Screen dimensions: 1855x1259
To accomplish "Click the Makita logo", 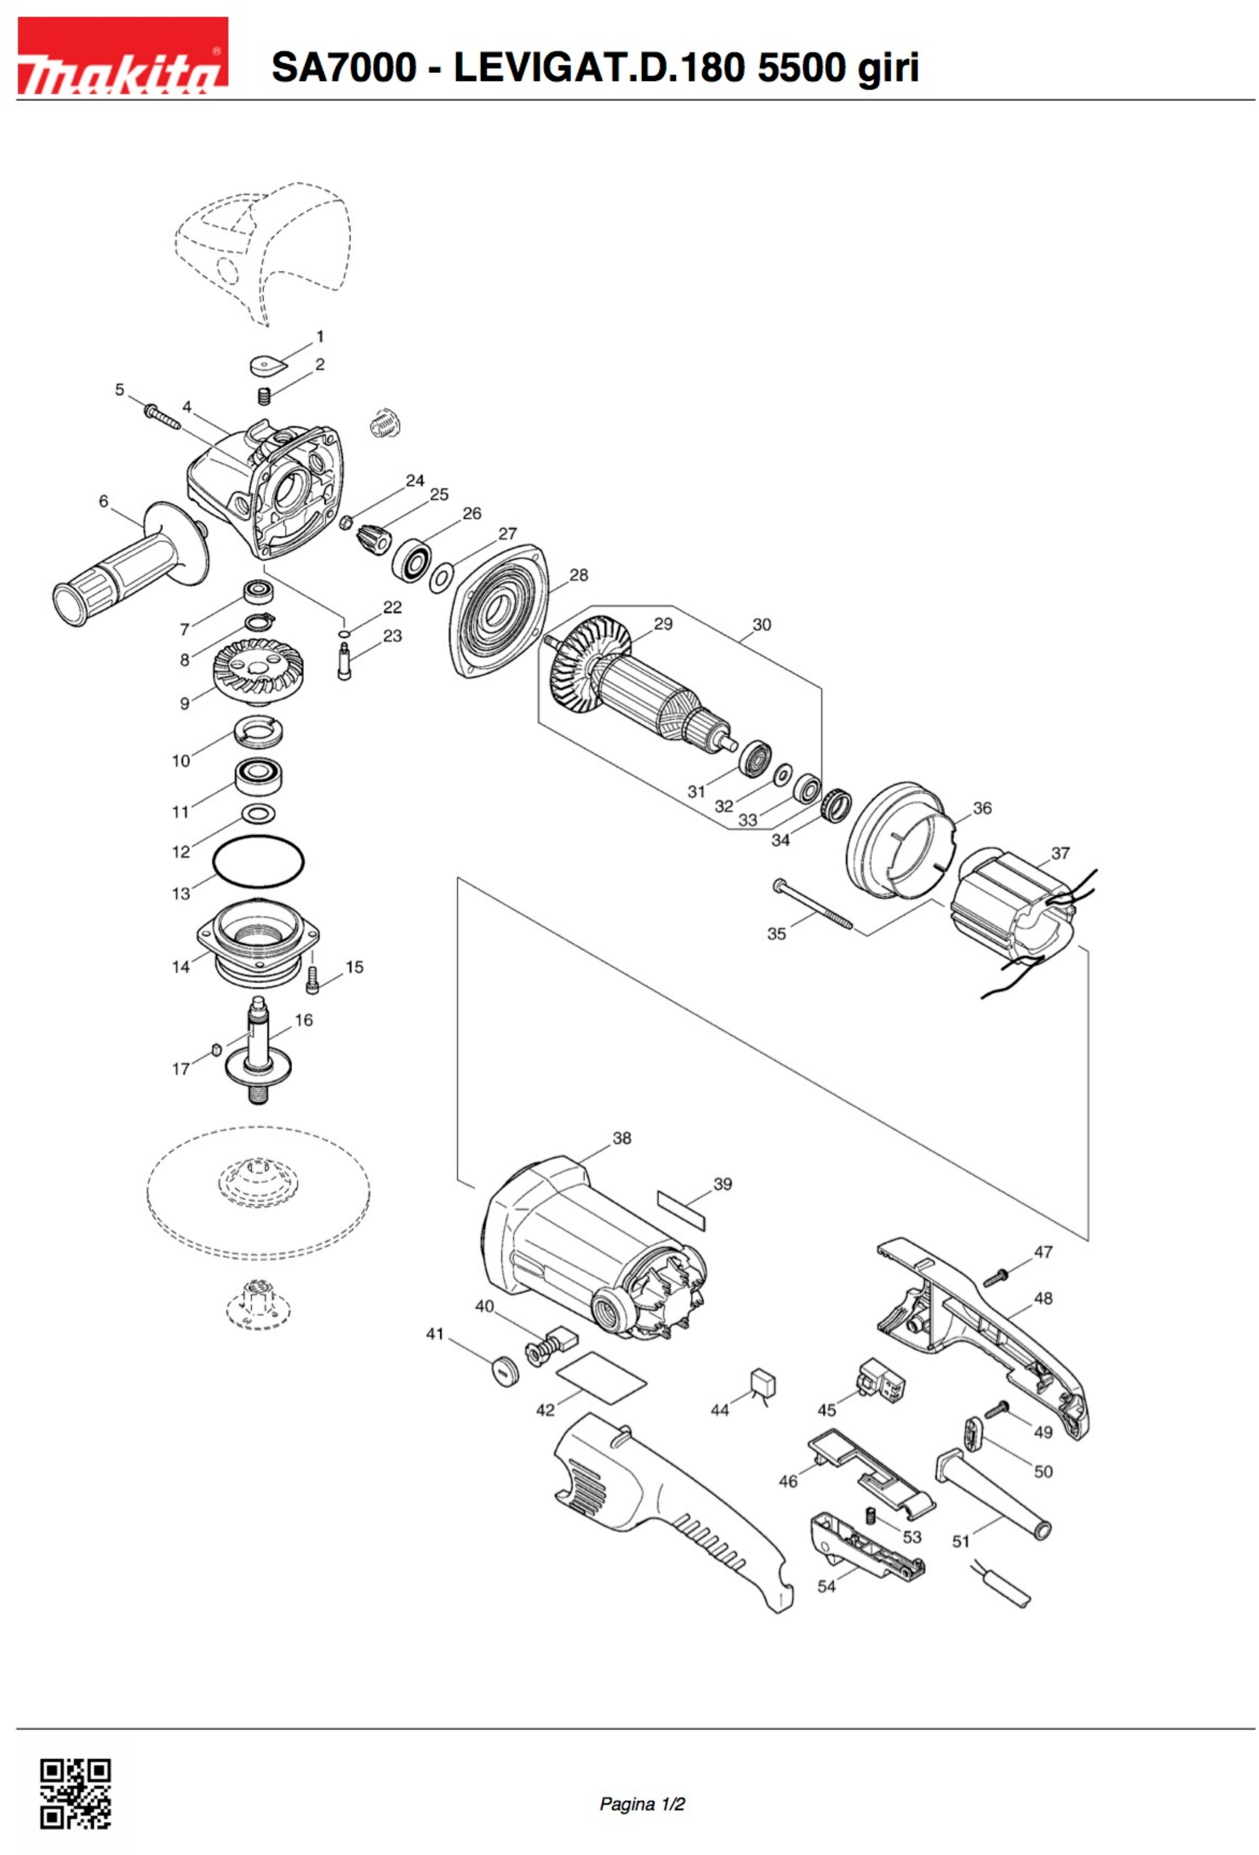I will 122,56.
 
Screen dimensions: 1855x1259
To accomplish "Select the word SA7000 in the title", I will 343,68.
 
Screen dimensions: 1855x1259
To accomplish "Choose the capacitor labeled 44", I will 764,1384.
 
